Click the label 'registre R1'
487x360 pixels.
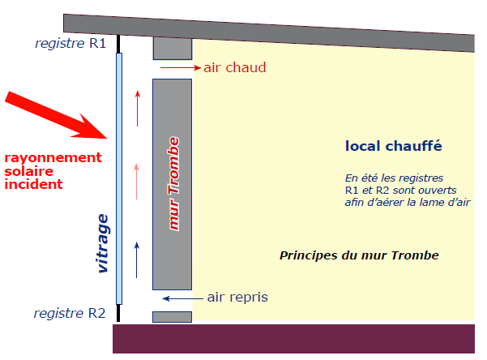(x=70, y=44)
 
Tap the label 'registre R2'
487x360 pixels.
(x=70, y=314)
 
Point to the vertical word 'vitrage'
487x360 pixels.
(x=102, y=244)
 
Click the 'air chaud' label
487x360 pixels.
(x=234, y=67)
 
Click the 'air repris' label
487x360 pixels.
(x=237, y=298)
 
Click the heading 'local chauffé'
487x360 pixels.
(x=393, y=147)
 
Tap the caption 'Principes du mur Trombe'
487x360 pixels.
(x=359, y=255)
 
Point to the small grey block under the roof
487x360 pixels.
(x=172, y=48)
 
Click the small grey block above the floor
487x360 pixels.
(x=172, y=317)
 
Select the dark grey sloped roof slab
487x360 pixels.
(x=267, y=33)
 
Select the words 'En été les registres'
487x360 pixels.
(x=395, y=178)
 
